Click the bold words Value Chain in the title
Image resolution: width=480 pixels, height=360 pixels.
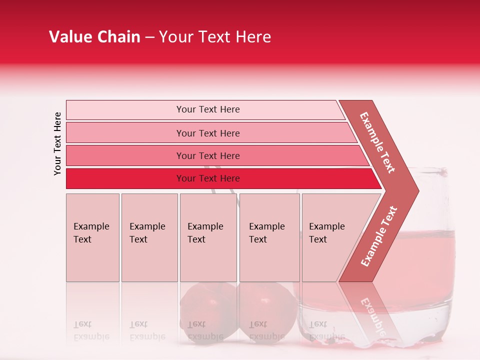click(x=94, y=37)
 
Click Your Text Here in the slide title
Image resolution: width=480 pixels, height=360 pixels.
click(x=215, y=37)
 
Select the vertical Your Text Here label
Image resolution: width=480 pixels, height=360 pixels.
click(x=57, y=143)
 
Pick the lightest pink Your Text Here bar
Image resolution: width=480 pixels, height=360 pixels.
click(x=208, y=109)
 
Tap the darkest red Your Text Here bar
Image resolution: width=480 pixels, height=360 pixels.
click(x=208, y=178)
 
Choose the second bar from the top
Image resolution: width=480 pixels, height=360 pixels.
click(x=208, y=133)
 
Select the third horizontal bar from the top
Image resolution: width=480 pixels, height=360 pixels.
click(x=208, y=155)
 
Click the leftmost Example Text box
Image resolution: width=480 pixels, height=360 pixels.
click(x=92, y=237)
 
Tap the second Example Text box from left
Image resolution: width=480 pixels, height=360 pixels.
click(x=149, y=237)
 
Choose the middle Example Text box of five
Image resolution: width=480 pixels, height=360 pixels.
click(x=208, y=237)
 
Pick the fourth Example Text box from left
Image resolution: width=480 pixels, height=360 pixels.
click(x=269, y=237)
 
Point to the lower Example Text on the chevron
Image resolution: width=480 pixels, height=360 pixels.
click(x=379, y=236)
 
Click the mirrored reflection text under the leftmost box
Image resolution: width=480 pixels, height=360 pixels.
click(x=91, y=330)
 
